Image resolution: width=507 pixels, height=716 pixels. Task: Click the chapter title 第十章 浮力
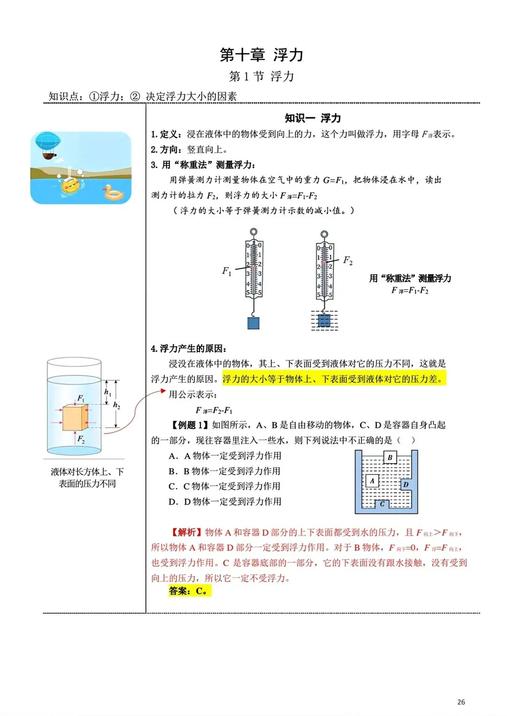(261, 55)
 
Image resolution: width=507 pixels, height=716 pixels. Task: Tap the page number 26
(461, 702)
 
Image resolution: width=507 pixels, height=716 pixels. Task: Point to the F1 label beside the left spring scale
(227, 271)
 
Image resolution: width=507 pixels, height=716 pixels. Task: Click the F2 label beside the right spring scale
(348, 260)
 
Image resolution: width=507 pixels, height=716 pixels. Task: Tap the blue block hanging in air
(253, 323)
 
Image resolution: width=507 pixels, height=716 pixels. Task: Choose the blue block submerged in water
(324, 320)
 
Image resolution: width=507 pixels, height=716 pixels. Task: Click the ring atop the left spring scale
(253, 232)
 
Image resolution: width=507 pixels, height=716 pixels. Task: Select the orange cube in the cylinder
(75, 418)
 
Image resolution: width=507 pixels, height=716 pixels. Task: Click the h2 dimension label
(116, 405)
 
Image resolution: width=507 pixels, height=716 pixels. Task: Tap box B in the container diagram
(390, 457)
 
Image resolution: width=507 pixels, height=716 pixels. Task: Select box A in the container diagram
(372, 480)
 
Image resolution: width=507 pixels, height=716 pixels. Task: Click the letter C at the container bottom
(382, 504)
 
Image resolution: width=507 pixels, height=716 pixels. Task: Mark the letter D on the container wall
(406, 484)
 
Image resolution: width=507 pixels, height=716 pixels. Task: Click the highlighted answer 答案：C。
(190, 591)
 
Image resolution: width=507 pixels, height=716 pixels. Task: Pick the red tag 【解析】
(186, 532)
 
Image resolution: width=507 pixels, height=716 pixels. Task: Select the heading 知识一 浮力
(313, 118)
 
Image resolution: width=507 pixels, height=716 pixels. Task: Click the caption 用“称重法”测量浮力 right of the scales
(410, 278)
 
